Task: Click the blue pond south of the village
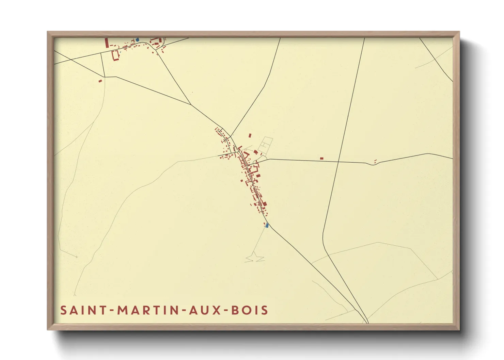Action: pyautogui.click(x=267, y=225)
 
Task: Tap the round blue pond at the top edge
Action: pyautogui.click(x=137, y=39)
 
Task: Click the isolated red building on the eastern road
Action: pyautogui.click(x=321, y=158)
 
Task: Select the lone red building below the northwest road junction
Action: pyautogui.click(x=100, y=81)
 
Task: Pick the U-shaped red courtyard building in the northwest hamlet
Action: pyautogui.click(x=115, y=55)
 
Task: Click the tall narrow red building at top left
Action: pyautogui.click(x=107, y=43)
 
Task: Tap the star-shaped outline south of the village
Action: pyautogui.click(x=255, y=258)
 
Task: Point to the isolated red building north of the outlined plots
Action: pyautogui.click(x=250, y=135)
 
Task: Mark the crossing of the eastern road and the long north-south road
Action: pyautogui.click(x=338, y=162)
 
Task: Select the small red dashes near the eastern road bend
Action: pyautogui.click(x=375, y=161)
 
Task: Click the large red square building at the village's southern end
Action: pyautogui.click(x=265, y=203)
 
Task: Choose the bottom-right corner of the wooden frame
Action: pyautogui.click(x=459, y=329)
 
